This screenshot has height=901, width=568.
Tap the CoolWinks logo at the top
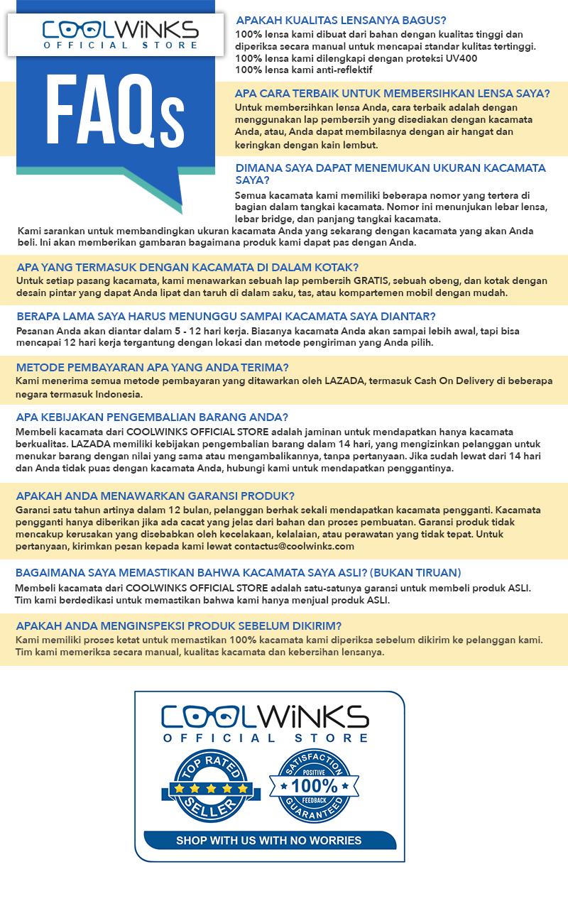[x=119, y=34]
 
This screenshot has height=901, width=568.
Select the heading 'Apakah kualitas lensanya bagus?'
[x=341, y=21]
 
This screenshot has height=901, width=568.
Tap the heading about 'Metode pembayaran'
[x=152, y=367]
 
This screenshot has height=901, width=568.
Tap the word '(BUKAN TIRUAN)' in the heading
[x=418, y=572]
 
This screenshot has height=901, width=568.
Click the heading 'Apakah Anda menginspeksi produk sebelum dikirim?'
[x=178, y=626]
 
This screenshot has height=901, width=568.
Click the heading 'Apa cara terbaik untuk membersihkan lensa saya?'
[x=393, y=93]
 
